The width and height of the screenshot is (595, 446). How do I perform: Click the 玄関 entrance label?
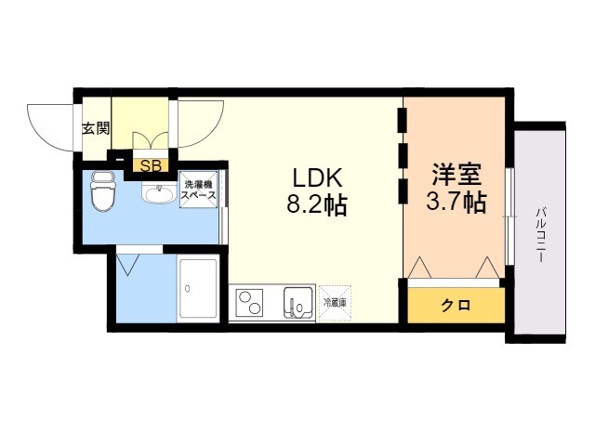coord(95,128)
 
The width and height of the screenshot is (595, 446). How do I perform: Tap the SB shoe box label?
coord(149,166)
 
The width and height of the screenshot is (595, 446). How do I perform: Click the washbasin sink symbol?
coord(158,194)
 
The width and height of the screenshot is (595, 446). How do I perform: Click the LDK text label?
coord(319,177)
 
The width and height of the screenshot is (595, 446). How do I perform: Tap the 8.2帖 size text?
coord(316,204)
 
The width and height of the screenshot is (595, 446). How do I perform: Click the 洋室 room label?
coord(456,174)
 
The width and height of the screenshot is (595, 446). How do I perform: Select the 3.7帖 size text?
coord(456,202)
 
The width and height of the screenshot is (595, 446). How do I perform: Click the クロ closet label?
coord(455,306)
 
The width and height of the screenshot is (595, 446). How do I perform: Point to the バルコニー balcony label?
coord(538,232)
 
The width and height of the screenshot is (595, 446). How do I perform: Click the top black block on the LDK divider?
coord(402,121)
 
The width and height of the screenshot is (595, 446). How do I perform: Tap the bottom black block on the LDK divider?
coord(402,191)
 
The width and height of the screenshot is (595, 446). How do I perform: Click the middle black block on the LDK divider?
coord(402,155)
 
